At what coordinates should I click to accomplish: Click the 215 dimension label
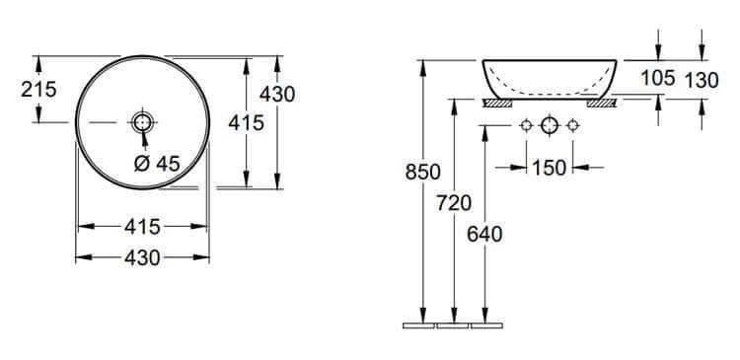click(x=38, y=89)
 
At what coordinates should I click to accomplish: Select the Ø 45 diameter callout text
click(x=157, y=164)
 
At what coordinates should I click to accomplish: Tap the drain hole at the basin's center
click(x=142, y=122)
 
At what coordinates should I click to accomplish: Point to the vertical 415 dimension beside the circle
click(x=247, y=123)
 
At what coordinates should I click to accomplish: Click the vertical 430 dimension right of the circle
click(x=277, y=95)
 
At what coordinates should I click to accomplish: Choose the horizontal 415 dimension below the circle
click(x=142, y=227)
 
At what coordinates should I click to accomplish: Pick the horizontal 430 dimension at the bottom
click(x=142, y=258)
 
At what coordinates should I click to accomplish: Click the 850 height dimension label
click(x=423, y=173)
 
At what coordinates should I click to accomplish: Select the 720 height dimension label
click(x=454, y=203)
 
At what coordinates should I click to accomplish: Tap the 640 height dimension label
click(x=484, y=235)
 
